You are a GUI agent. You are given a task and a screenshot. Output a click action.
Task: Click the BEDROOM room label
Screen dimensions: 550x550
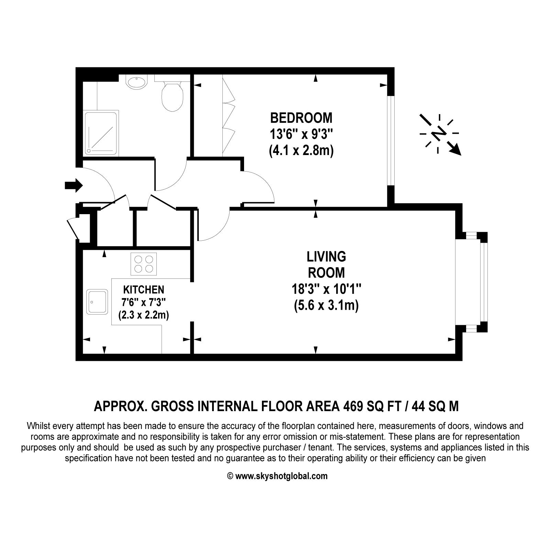pos(301,118)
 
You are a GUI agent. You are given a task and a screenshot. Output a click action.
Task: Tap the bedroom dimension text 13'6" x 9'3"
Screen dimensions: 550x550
pos(301,134)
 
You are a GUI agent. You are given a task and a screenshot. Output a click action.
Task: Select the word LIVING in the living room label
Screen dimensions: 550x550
pos(326,256)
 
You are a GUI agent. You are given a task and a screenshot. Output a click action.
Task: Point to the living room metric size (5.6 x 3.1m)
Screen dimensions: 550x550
pos(326,306)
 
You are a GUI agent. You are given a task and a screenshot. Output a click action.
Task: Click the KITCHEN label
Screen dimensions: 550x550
pos(144,289)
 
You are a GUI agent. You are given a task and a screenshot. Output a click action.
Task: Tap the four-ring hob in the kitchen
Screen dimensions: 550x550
pos(144,264)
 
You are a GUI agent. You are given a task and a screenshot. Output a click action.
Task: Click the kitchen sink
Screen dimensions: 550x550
pos(97,301)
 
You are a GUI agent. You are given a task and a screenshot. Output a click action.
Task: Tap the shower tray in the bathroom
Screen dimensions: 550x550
pos(101,133)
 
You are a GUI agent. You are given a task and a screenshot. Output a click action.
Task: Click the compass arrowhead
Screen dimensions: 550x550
pos(455,150)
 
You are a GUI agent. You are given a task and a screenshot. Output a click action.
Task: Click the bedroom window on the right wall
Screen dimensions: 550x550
pos(391,141)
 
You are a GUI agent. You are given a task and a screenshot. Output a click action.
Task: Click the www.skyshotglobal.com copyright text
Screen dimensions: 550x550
pos(277,476)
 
